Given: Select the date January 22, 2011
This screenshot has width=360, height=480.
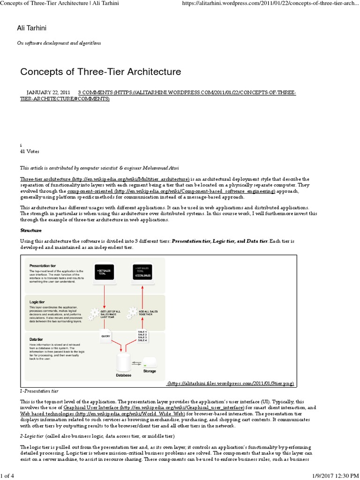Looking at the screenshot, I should [48, 93].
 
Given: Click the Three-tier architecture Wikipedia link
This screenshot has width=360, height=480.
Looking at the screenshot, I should [105, 179].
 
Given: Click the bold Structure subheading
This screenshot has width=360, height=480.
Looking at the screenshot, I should [31, 230].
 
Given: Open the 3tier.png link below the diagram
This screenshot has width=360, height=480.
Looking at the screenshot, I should [231, 383].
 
